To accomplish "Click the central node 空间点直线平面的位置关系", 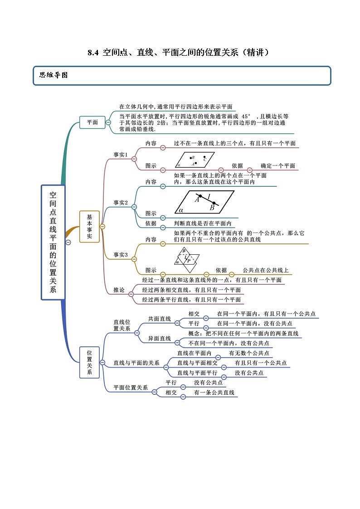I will point(53,242).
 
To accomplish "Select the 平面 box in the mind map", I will point(92,122).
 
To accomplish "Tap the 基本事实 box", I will point(89,226).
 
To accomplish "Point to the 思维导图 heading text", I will point(54,75).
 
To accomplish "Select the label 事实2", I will point(120,203).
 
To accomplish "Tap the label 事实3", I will point(120,255).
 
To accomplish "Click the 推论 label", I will point(119,290).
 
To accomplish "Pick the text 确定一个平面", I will point(277,166).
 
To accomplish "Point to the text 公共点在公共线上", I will point(265,271).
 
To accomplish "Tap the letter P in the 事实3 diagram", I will point(189,261).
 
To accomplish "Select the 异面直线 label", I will point(159,338).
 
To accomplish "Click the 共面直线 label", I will point(159,319).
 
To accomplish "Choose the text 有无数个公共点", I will point(249,353).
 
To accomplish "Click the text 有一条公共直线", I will point(214,393).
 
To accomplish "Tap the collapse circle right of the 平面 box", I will point(108,122).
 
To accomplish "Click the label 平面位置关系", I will point(130,388).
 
